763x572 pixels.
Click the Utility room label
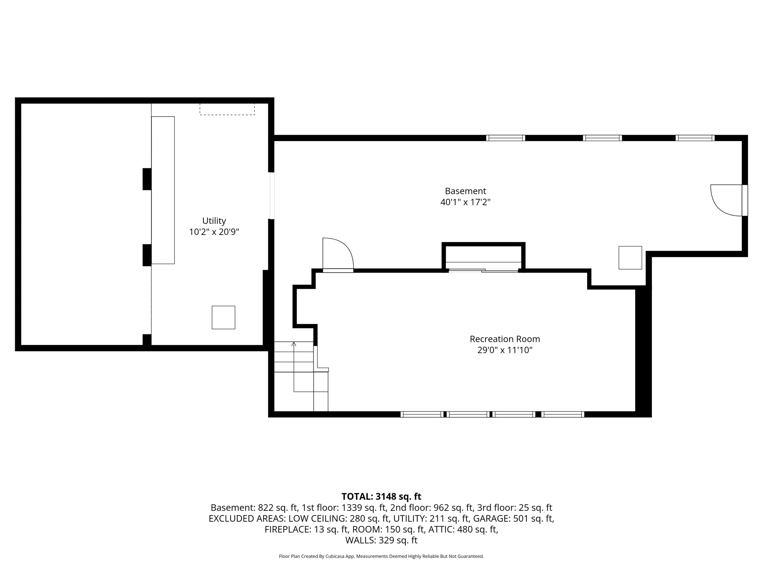pos(214,220)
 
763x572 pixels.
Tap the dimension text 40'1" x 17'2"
pos(465,202)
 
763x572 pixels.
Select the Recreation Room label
pos(504,339)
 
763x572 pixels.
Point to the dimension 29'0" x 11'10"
pos(504,350)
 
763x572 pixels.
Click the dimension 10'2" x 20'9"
pos(214,232)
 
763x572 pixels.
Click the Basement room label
pos(465,191)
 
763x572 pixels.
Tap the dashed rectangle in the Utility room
pos(227,109)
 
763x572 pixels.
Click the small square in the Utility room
pos(223,317)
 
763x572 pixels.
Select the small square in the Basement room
pos(630,257)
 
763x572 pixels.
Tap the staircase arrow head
pos(294,344)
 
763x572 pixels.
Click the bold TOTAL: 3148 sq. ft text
pos(381,496)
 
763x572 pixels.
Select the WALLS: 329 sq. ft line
pos(381,540)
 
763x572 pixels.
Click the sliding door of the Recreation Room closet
pos(483,270)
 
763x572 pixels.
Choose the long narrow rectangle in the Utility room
pos(163,190)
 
